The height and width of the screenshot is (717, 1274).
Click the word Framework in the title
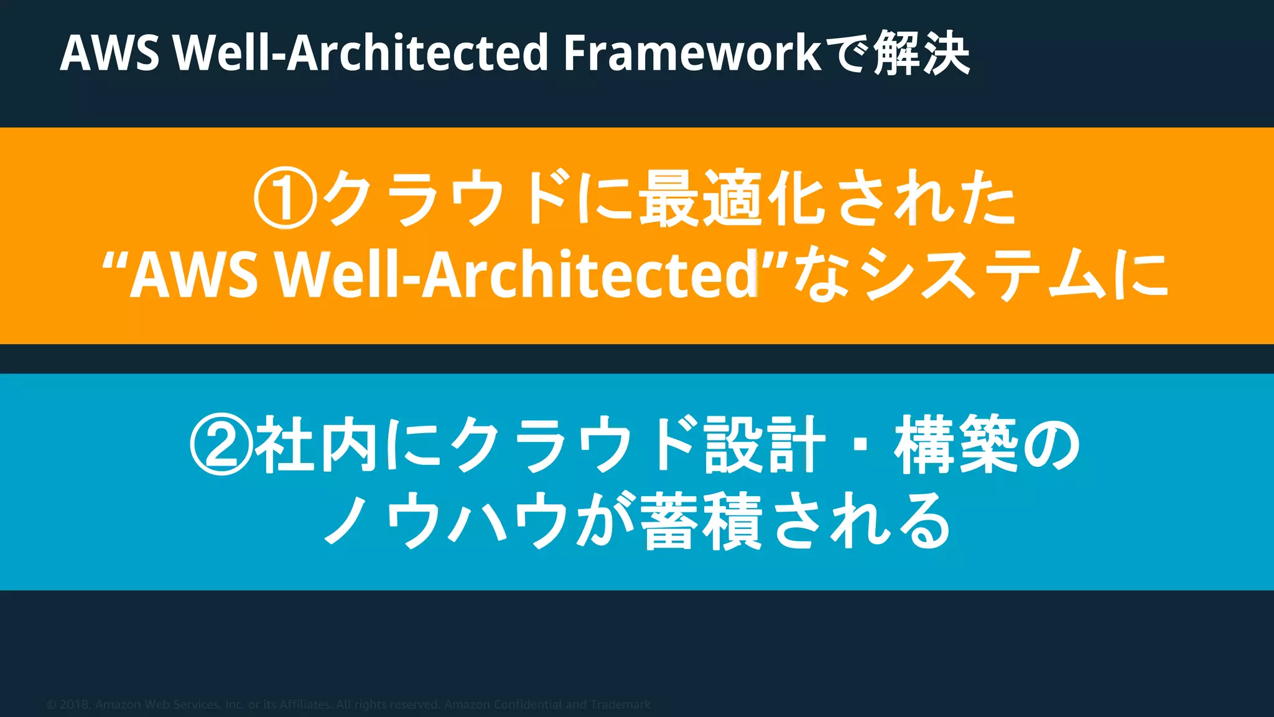[692, 54]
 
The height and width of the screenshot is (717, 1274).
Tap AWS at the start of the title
[109, 54]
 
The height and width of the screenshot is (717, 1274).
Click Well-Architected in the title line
[361, 54]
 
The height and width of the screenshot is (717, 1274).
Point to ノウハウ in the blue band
[445, 520]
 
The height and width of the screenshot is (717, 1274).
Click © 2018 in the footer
[68, 705]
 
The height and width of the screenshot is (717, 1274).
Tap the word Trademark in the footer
[620, 705]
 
